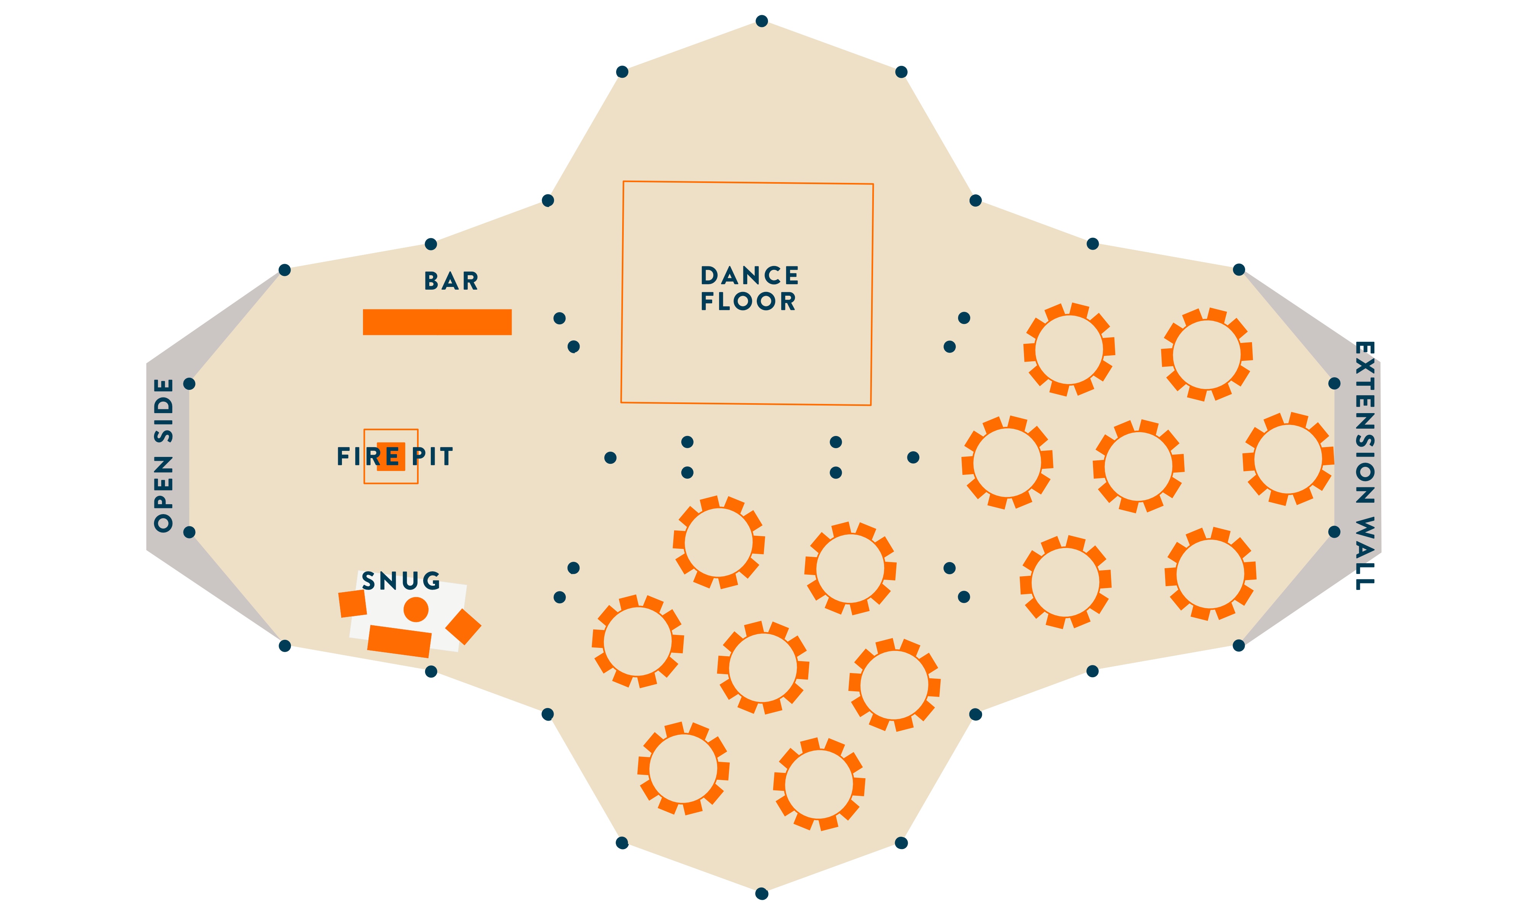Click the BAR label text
tap(451, 281)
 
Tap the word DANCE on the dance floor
tap(749, 275)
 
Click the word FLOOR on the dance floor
tap(748, 301)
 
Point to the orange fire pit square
tap(391, 456)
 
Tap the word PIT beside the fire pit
tap(432, 457)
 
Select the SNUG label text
tap(401, 581)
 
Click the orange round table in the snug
tap(416, 609)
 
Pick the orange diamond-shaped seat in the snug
tap(463, 627)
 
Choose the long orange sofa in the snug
tap(399, 641)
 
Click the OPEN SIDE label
tap(164, 455)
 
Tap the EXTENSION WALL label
tap(1364, 466)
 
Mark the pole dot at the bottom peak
tap(762, 893)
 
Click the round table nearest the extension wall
tap(1288, 459)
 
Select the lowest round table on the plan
tap(819, 784)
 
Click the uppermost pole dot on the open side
tap(189, 383)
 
